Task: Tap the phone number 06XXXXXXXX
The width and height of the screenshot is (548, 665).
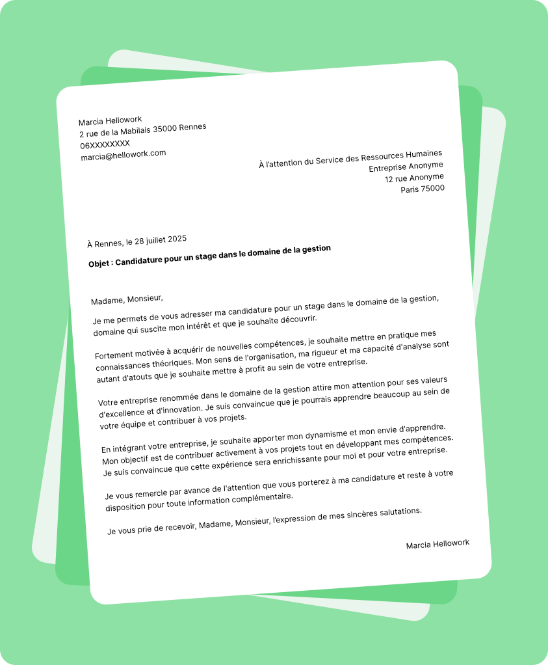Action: point(105,144)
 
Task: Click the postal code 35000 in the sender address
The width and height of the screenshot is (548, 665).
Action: point(164,129)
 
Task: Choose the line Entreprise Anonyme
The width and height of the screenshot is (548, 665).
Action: point(406,167)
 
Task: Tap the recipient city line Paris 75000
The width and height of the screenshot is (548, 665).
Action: point(423,189)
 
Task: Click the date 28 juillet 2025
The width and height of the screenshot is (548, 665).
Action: point(161,240)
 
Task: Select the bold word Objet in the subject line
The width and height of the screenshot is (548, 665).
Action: point(99,264)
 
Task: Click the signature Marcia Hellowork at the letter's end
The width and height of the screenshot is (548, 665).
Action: point(437,544)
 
